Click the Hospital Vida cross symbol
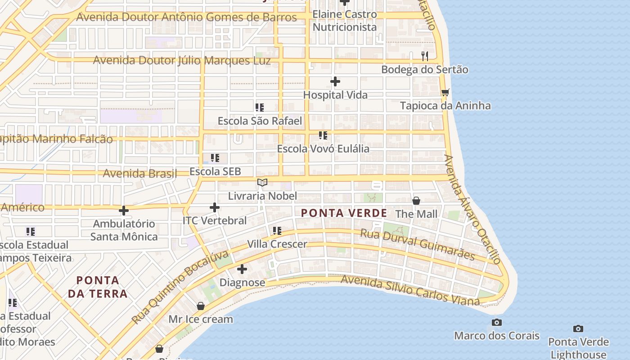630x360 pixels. (335, 82)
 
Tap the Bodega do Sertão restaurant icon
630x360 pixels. (424, 56)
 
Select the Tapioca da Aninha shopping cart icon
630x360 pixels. (445, 93)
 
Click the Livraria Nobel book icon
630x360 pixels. (262, 183)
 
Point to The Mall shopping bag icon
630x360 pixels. (416, 201)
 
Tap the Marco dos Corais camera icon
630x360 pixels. (497, 323)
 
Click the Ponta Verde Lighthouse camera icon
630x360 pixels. (578, 329)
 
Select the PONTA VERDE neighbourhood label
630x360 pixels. (344, 213)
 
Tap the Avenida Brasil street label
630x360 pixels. (139, 173)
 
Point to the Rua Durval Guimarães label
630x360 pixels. (418, 245)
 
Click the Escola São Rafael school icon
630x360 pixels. (260, 108)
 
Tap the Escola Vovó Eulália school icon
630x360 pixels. (323, 135)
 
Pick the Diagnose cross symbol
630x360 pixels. (242, 270)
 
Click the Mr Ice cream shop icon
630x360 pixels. (201, 306)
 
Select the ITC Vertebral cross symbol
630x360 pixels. (215, 208)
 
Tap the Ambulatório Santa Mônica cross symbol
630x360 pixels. (124, 211)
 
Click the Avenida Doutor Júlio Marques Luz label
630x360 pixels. (182, 60)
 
